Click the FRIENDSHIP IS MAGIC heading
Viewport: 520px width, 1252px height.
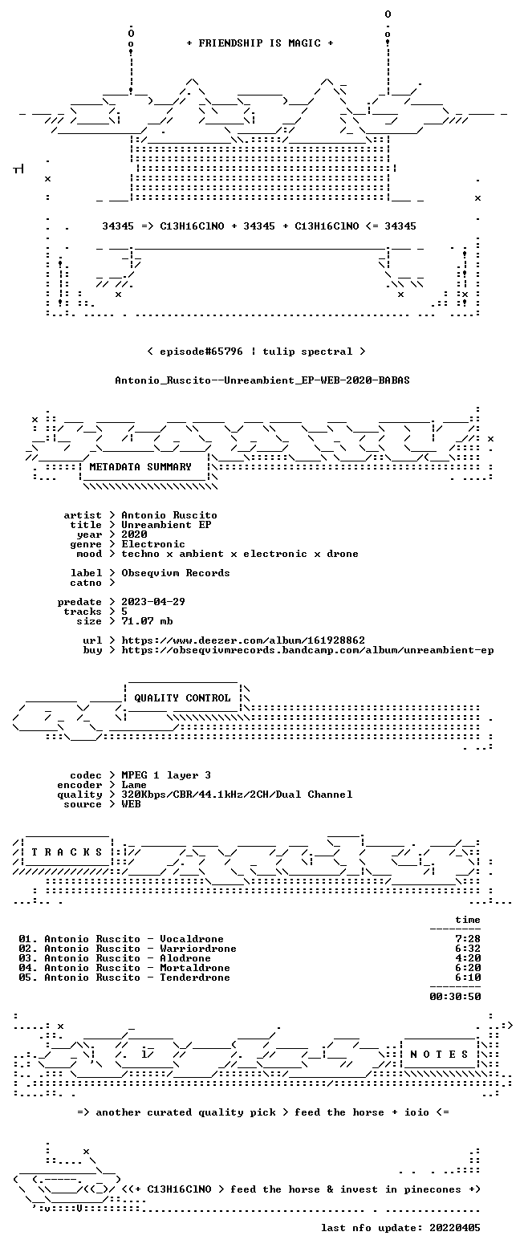click(x=260, y=43)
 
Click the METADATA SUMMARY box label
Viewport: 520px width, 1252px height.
click(x=140, y=467)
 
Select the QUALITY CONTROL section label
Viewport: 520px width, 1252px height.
click(x=182, y=698)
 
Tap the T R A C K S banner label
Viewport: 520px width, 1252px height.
click(x=67, y=852)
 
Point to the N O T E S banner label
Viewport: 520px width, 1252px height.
click(x=439, y=1054)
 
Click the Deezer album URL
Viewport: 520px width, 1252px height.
click(x=243, y=640)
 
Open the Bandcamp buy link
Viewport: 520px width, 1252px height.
click(x=307, y=650)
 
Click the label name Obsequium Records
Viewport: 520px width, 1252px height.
click(x=176, y=573)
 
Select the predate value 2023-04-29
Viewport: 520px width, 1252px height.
click(x=153, y=602)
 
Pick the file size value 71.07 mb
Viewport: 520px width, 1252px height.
click(x=147, y=621)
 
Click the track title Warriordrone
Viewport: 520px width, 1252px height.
click(x=198, y=949)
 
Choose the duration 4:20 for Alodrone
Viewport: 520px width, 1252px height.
click(x=468, y=958)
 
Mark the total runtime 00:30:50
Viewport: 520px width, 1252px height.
click(x=455, y=997)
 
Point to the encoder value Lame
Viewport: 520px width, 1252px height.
click(x=134, y=785)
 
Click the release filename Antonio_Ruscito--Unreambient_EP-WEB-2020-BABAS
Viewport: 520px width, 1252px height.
click(x=262, y=380)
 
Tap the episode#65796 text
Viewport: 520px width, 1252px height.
click(x=201, y=352)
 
